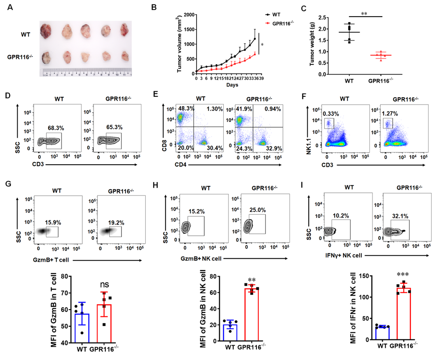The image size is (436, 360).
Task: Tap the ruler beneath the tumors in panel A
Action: pos(88,73)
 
